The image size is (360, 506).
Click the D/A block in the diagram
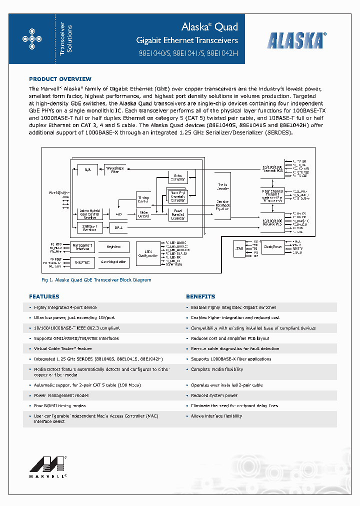coord(87,170)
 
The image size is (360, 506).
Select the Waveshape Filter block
coord(115,170)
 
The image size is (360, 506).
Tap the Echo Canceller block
coord(178,177)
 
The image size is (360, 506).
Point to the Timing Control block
coord(143,199)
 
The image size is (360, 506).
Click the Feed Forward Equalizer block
coord(178,214)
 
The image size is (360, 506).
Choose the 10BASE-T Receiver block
coord(90,227)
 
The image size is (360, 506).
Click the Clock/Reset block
coord(273,247)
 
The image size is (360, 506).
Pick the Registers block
coord(113,246)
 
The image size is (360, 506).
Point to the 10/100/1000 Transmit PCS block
coord(272,168)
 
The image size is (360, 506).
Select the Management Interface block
coord(82,246)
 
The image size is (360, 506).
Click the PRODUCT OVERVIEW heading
coord(60,79)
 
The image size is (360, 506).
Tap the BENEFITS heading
coord(200,296)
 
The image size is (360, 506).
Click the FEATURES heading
coord(44,296)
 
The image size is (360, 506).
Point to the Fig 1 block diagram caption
coord(96,280)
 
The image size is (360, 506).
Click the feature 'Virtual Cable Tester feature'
coord(63,348)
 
